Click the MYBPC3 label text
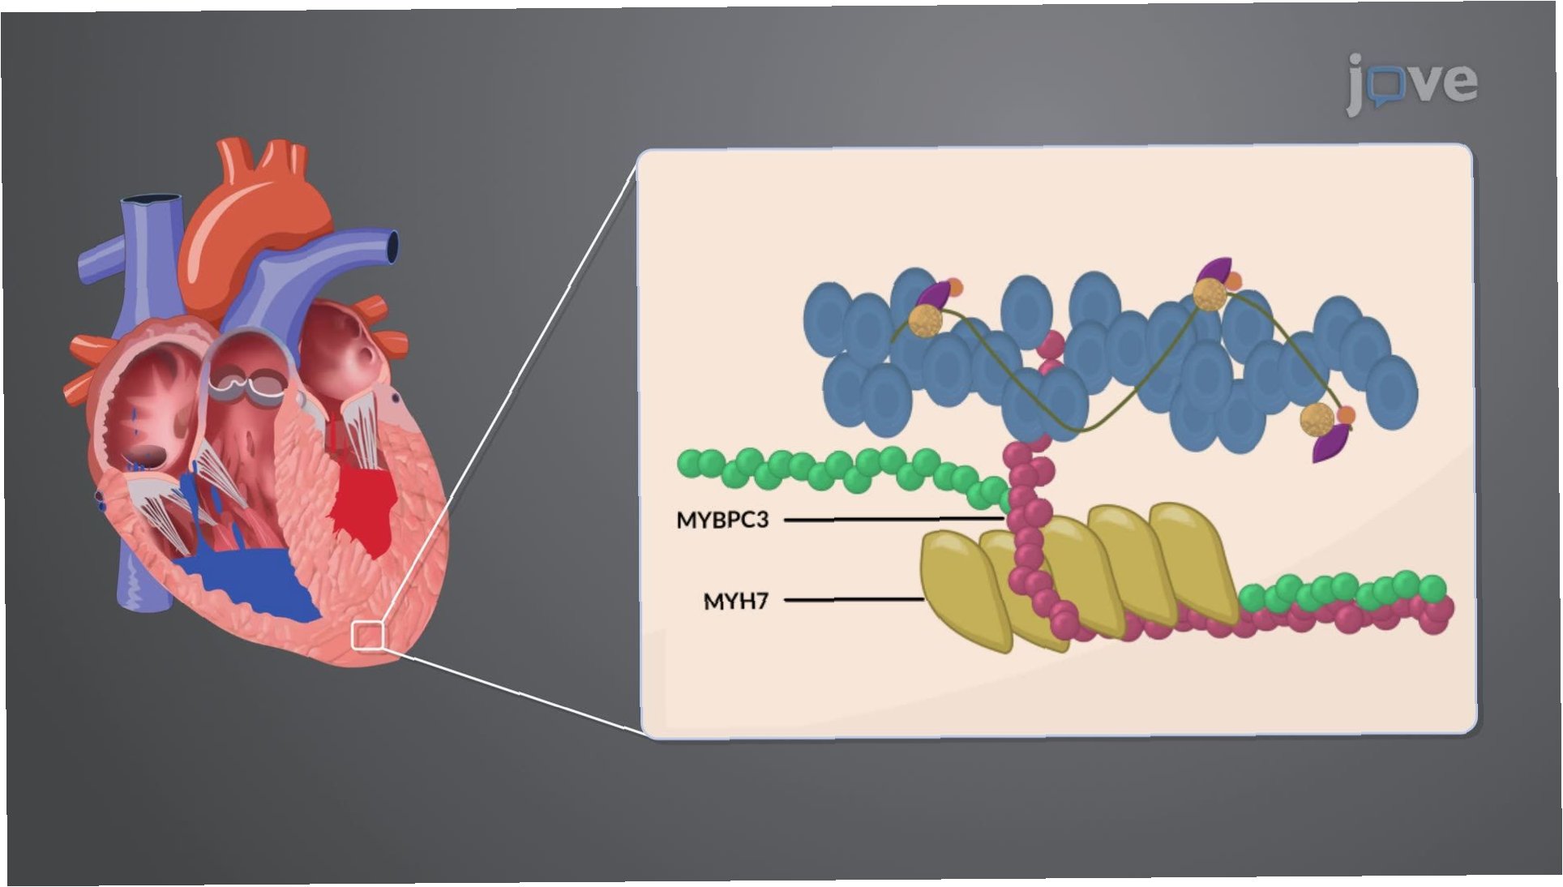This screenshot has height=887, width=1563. click(x=722, y=520)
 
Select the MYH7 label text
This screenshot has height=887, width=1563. click(x=735, y=602)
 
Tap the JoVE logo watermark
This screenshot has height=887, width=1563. click(x=1411, y=82)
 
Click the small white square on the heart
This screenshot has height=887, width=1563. click(x=367, y=635)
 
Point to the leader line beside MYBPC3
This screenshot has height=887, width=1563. click(x=892, y=519)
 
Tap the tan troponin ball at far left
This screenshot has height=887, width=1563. click(x=925, y=319)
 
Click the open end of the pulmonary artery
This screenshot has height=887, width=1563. click(x=393, y=246)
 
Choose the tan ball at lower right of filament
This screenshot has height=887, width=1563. click(x=1317, y=419)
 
